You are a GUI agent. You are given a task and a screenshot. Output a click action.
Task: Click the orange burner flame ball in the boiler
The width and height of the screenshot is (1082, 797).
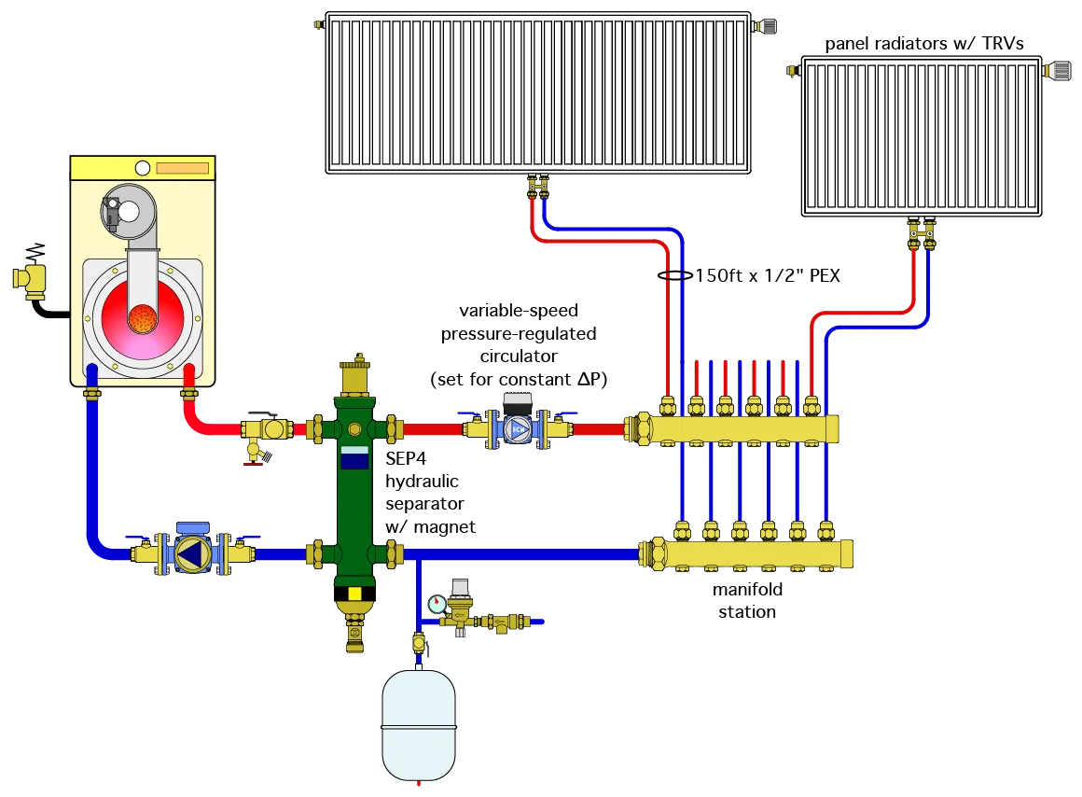tap(143, 317)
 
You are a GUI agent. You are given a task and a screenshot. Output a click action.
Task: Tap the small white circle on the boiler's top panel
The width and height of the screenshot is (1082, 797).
tap(142, 168)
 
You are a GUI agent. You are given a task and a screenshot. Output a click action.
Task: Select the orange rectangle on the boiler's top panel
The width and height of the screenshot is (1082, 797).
tap(182, 169)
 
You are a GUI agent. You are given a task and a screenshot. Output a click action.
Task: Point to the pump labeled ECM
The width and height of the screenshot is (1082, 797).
tap(517, 430)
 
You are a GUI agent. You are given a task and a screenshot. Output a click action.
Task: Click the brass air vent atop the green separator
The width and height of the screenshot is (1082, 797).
tap(354, 376)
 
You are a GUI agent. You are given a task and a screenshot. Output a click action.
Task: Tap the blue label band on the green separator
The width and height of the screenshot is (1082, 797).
tap(354, 458)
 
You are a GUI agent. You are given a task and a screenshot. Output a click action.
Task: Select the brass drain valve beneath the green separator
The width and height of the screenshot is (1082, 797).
tap(354, 625)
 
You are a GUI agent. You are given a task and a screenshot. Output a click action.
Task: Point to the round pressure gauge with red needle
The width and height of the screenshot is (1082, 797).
tap(437, 604)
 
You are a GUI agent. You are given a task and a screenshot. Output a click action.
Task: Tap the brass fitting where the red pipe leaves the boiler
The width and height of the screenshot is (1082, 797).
tap(189, 394)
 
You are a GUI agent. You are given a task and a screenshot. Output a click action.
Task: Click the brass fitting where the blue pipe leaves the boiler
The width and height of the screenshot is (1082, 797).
tap(92, 394)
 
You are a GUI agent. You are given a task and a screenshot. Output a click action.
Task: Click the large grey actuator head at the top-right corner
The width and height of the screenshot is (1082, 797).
tap(1057, 70)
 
